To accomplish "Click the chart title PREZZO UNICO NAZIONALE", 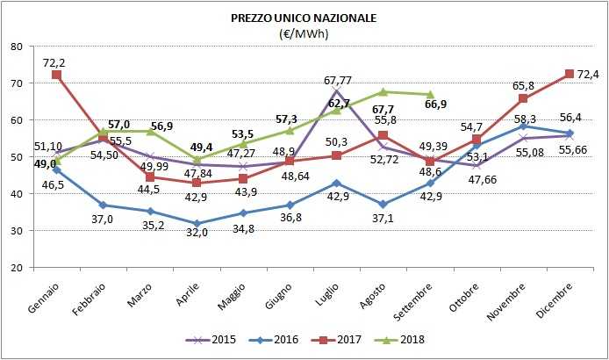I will tap(304, 18).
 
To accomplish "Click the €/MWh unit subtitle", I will tap(304, 33).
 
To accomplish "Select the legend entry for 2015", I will tap(217, 338).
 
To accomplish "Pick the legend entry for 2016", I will tap(278, 338).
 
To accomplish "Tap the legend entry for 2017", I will tap(340, 338).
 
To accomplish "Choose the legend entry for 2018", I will tap(400, 338).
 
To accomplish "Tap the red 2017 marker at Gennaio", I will tap(57, 75).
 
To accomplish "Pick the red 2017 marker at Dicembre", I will tap(570, 74).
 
